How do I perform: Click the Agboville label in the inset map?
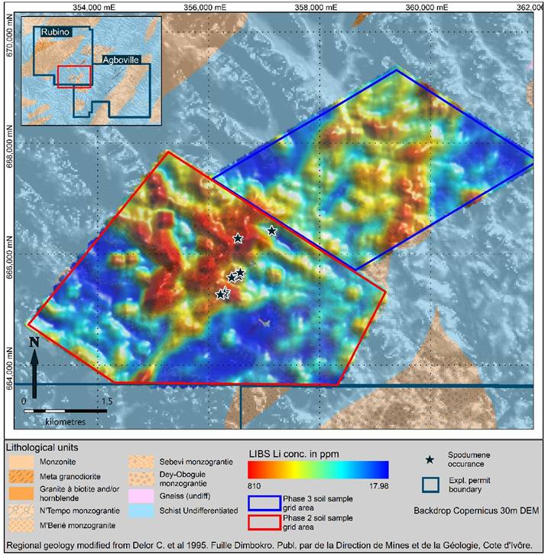[122, 58]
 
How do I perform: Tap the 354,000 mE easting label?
[96, 6]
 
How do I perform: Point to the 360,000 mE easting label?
[427, 6]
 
